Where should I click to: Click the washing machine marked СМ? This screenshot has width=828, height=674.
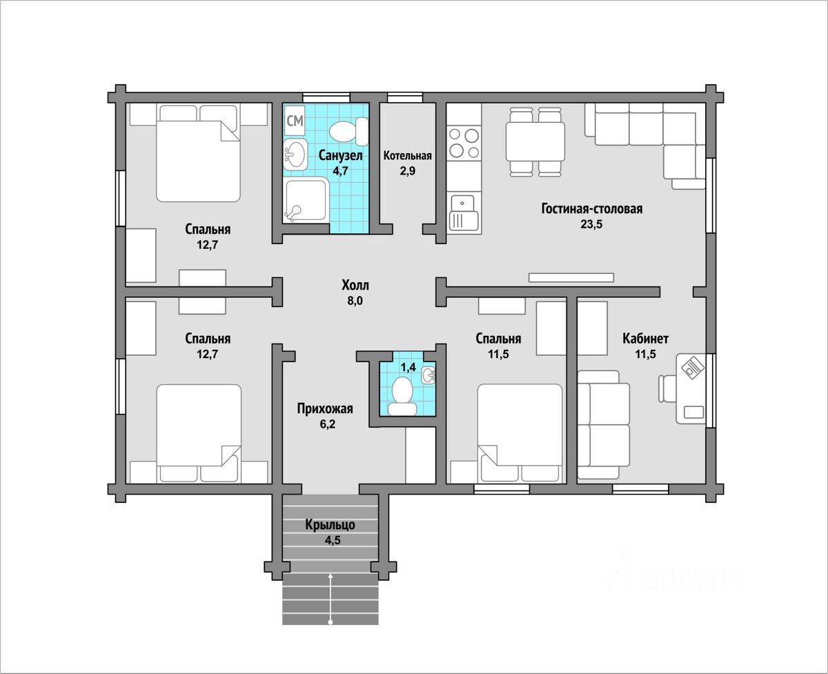(x=295, y=120)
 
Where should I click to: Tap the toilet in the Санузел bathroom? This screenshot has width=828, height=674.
(x=348, y=131)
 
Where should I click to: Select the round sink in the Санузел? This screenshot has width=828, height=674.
(x=295, y=155)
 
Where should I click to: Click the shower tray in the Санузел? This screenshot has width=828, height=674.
(x=306, y=200)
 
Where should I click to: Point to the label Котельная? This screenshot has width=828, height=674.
(x=407, y=156)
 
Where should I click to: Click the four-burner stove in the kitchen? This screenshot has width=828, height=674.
(x=464, y=143)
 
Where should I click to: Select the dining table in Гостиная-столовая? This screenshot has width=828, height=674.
(x=535, y=142)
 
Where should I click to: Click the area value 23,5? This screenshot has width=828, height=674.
(x=591, y=224)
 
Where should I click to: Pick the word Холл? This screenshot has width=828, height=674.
(x=355, y=286)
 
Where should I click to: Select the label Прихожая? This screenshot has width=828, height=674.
(x=325, y=408)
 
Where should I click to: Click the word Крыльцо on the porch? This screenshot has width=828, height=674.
(x=330, y=525)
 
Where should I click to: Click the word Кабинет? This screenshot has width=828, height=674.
(x=645, y=339)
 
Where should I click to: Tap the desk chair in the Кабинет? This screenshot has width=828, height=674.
(x=668, y=388)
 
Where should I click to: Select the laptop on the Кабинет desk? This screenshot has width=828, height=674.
(x=692, y=366)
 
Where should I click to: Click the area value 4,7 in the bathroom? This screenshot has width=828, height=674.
(x=340, y=170)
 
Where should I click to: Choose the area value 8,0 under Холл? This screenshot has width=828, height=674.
(x=355, y=301)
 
